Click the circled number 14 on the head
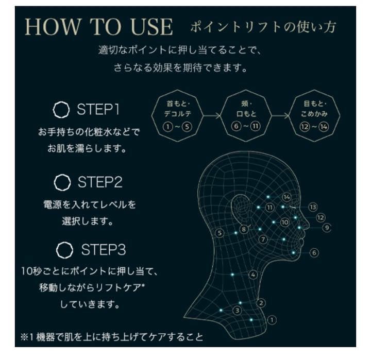pos(286,197)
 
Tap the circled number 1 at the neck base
pos(272,320)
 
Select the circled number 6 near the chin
pos(314,252)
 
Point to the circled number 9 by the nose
pos(327,228)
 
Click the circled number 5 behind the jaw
pos(220,233)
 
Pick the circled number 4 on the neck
pos(253,275)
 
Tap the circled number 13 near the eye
pos(313,207)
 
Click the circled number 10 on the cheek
pos(284,222)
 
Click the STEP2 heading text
pos(100,182)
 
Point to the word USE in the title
pos(151,26)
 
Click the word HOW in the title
pos(53,26)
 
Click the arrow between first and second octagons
pos(212,116)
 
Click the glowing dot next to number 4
pos(232,275)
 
